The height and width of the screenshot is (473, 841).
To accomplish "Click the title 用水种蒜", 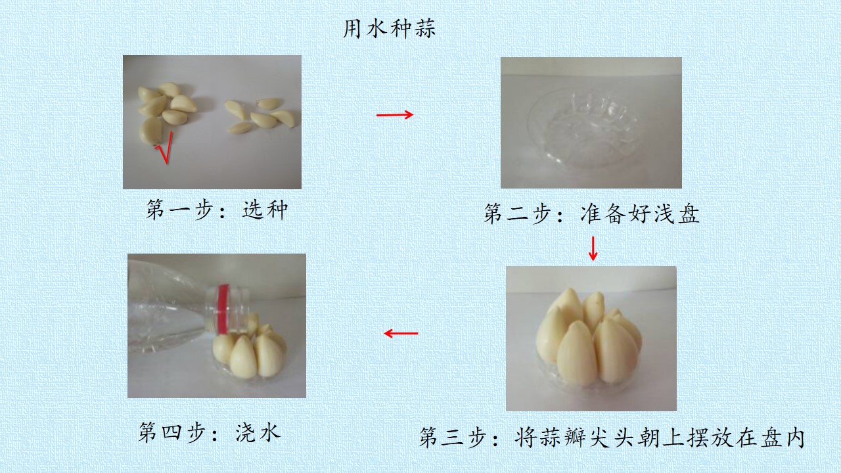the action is pyautogui.click(x=390, y=28).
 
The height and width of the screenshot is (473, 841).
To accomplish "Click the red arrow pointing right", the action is pyautogui.click(x=395, y=114).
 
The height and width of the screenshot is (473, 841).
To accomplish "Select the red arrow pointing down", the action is pyautogui.click(x=593, y=248).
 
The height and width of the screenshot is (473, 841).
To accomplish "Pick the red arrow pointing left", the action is pyautogui.click(x=401, y=333).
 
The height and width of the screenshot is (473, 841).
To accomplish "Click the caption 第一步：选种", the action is pyautogui.click(x=217, y=210).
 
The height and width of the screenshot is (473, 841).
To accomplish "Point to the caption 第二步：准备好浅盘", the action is pyautogui.click(x=591, y=214).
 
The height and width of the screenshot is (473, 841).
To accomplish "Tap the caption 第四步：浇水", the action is pyautogui.click(x=210, y=432).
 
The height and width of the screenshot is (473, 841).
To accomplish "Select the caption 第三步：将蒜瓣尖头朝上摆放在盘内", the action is pyautogui.click(x=612, y=437).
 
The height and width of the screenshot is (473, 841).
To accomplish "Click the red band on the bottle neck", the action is pyautogui.click(x=223, y=309).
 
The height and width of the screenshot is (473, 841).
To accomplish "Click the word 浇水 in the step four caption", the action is pyautogui.click(x=258, y=432).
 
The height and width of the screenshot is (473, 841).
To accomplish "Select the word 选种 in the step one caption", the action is pyautogui.click(x=265, y=210).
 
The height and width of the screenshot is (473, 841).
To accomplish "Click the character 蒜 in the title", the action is pyautogui.click(x=425, y=28).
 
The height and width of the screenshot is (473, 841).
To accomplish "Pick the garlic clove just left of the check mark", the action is pyautogui.click(x=150, y=130).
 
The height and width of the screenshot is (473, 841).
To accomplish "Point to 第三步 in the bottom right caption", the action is pyautogui.click(x=453, y=437).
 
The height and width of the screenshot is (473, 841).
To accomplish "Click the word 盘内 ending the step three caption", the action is pyautogui.click(x=782, y=437).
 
